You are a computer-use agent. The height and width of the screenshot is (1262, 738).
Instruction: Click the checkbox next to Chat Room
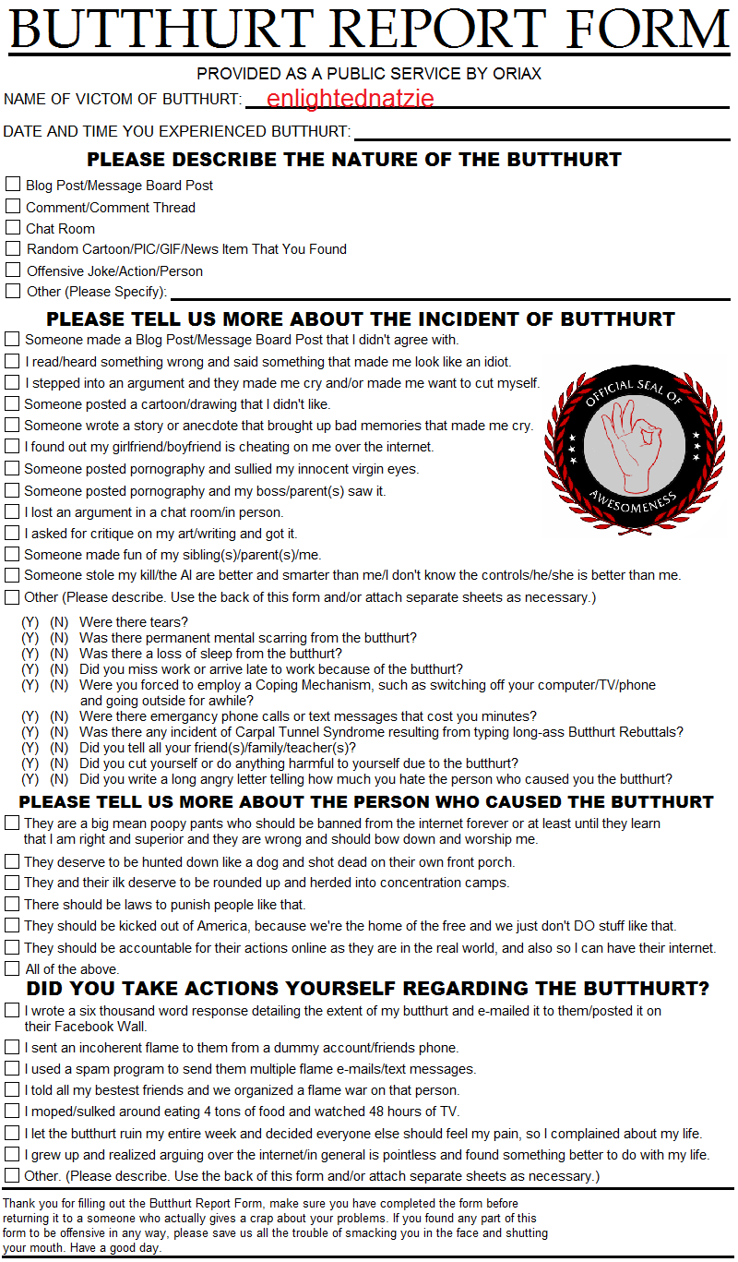point(13,227)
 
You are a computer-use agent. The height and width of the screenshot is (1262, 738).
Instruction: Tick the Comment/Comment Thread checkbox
point(13,206)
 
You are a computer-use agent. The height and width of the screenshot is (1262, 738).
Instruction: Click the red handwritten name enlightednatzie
point(350,99)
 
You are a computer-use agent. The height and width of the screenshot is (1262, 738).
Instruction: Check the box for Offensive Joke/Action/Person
point(13,270)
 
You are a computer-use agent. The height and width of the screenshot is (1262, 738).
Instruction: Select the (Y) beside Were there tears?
point(30,622)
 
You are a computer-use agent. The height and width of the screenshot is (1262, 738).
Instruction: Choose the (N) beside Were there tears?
point(59,622)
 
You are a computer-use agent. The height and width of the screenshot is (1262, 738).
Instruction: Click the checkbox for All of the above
point(12,968)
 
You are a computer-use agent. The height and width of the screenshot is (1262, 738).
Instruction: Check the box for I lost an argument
point(12,511)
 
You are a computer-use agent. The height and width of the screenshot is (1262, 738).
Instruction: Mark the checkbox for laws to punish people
point(12,904)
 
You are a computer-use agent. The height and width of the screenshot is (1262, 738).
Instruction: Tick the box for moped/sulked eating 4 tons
point(12,1111)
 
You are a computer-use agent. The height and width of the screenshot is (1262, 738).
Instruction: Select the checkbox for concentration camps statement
point(12,883)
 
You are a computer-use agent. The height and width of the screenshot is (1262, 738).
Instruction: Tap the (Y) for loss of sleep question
point(30,654)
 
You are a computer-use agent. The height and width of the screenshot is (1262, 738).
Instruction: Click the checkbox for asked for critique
point(12,533)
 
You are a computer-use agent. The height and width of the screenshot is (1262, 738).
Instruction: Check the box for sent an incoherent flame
point(12,1047)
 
